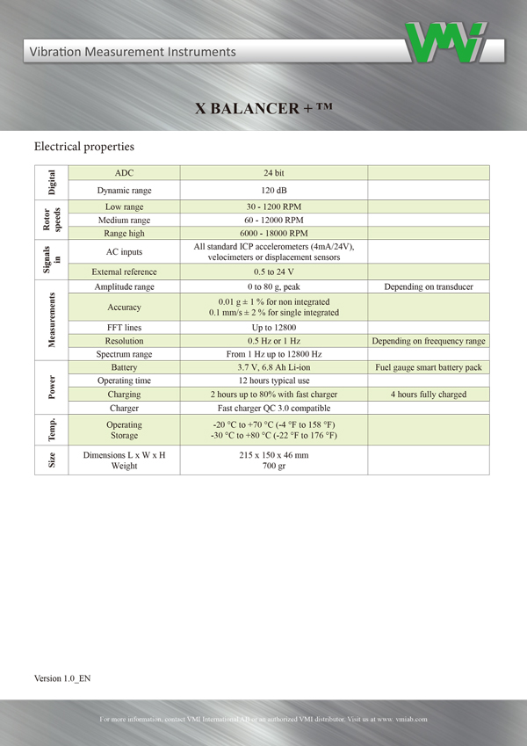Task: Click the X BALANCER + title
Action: pos(263,108)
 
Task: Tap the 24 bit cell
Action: pos(273,172)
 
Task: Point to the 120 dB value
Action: pos(273,190)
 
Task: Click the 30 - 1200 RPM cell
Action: pos(273,206)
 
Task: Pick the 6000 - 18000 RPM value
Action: pos(273,233)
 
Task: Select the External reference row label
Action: pos(124,272)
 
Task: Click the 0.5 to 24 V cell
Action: pos(273,272)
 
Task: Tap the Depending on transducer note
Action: pos(429,287)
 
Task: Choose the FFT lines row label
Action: pos(124,327)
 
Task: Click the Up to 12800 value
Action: pos(273,327)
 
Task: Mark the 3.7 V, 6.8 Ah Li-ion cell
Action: pos(273,367)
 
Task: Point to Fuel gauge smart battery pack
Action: pos(429,367)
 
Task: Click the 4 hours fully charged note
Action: pos(429,395)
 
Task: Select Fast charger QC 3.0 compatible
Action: pos(273,408)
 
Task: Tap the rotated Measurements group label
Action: pos(51,320)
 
